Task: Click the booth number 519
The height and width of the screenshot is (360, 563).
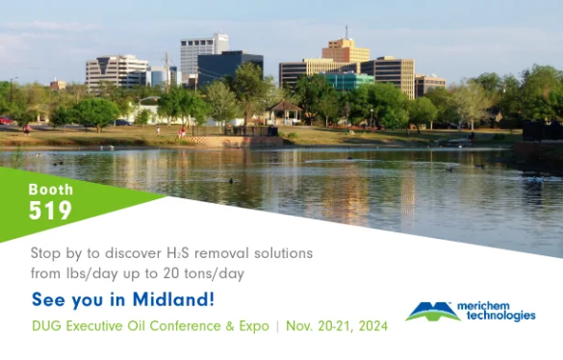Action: [x=50, y=210]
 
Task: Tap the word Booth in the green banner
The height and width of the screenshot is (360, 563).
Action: [x=50, y=189]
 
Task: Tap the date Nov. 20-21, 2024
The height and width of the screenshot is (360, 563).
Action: [x=337, y=326]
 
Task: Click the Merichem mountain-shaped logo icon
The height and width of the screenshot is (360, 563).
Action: [x=432, y=310]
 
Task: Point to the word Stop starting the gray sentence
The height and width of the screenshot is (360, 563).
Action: [x=46, y=253]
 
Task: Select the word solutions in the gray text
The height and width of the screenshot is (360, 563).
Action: [x=279, y=253]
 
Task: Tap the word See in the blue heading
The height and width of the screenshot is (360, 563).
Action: [x=49, y=299]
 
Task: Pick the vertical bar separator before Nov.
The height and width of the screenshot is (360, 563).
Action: [x=277, y=326]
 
